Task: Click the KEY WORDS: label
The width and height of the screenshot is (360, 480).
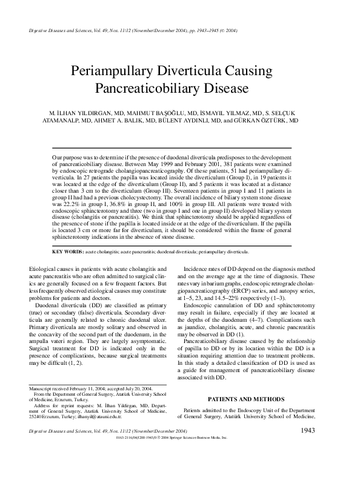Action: point(67,251)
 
